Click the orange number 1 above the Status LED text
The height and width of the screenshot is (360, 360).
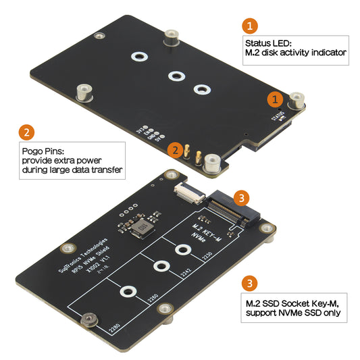250,27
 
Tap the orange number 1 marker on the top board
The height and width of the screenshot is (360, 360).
274,99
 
